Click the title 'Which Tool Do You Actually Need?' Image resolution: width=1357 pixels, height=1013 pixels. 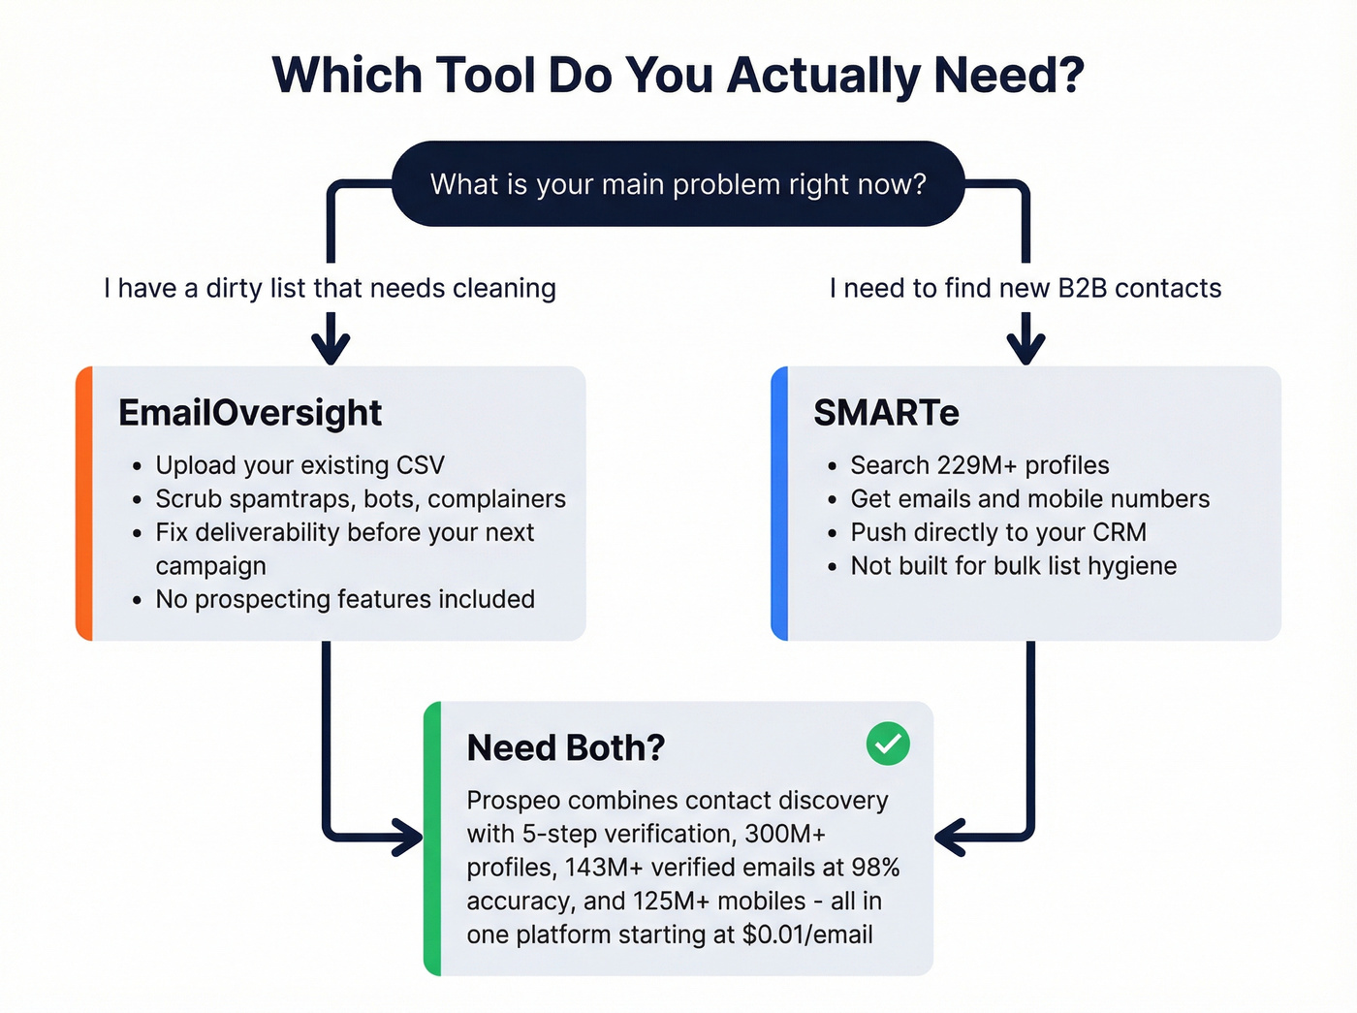(678, 76)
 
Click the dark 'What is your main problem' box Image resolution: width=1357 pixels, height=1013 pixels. (678, 184)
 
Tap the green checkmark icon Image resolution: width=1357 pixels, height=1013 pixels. (887, 744)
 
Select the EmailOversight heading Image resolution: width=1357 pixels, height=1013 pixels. (250, 413)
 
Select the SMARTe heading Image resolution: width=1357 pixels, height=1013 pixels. (886, 413)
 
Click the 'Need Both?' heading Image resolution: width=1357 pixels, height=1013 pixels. (565, 747)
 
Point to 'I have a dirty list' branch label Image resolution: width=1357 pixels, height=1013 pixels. (330, 288)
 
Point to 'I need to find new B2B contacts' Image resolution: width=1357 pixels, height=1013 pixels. (1025, 288)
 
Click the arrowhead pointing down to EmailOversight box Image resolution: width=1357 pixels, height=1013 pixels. (331, 346)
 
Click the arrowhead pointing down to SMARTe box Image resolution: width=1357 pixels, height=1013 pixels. (1026, 346)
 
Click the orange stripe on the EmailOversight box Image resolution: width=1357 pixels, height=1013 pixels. (84, 503)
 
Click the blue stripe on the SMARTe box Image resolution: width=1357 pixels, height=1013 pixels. (779, 503)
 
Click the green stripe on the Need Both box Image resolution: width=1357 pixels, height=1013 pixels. (432, 839)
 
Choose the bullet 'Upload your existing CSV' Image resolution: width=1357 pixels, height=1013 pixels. (300, 465)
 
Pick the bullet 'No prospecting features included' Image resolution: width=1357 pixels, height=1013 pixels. (345, 599)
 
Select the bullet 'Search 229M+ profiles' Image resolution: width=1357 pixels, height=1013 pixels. (979, 465)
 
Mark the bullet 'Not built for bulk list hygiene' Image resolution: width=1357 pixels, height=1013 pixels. (1013, 566)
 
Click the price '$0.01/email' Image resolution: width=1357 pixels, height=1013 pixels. (807, 934)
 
